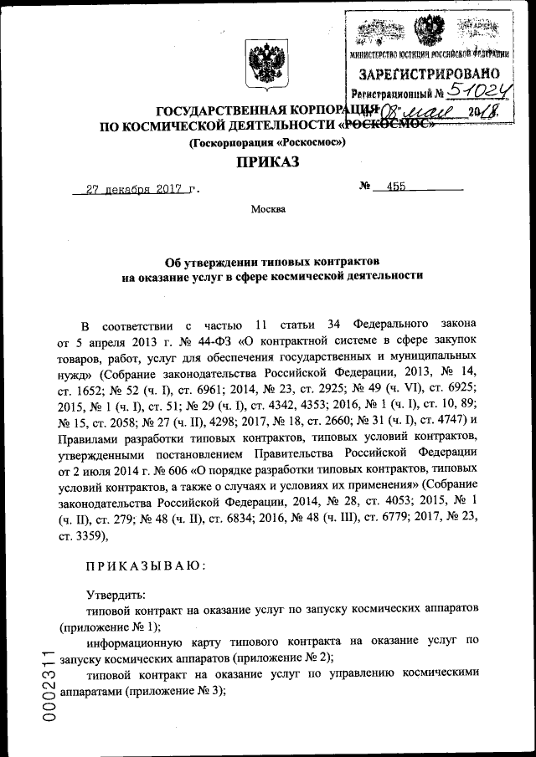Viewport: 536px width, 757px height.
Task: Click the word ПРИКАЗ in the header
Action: tap(267, 161)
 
